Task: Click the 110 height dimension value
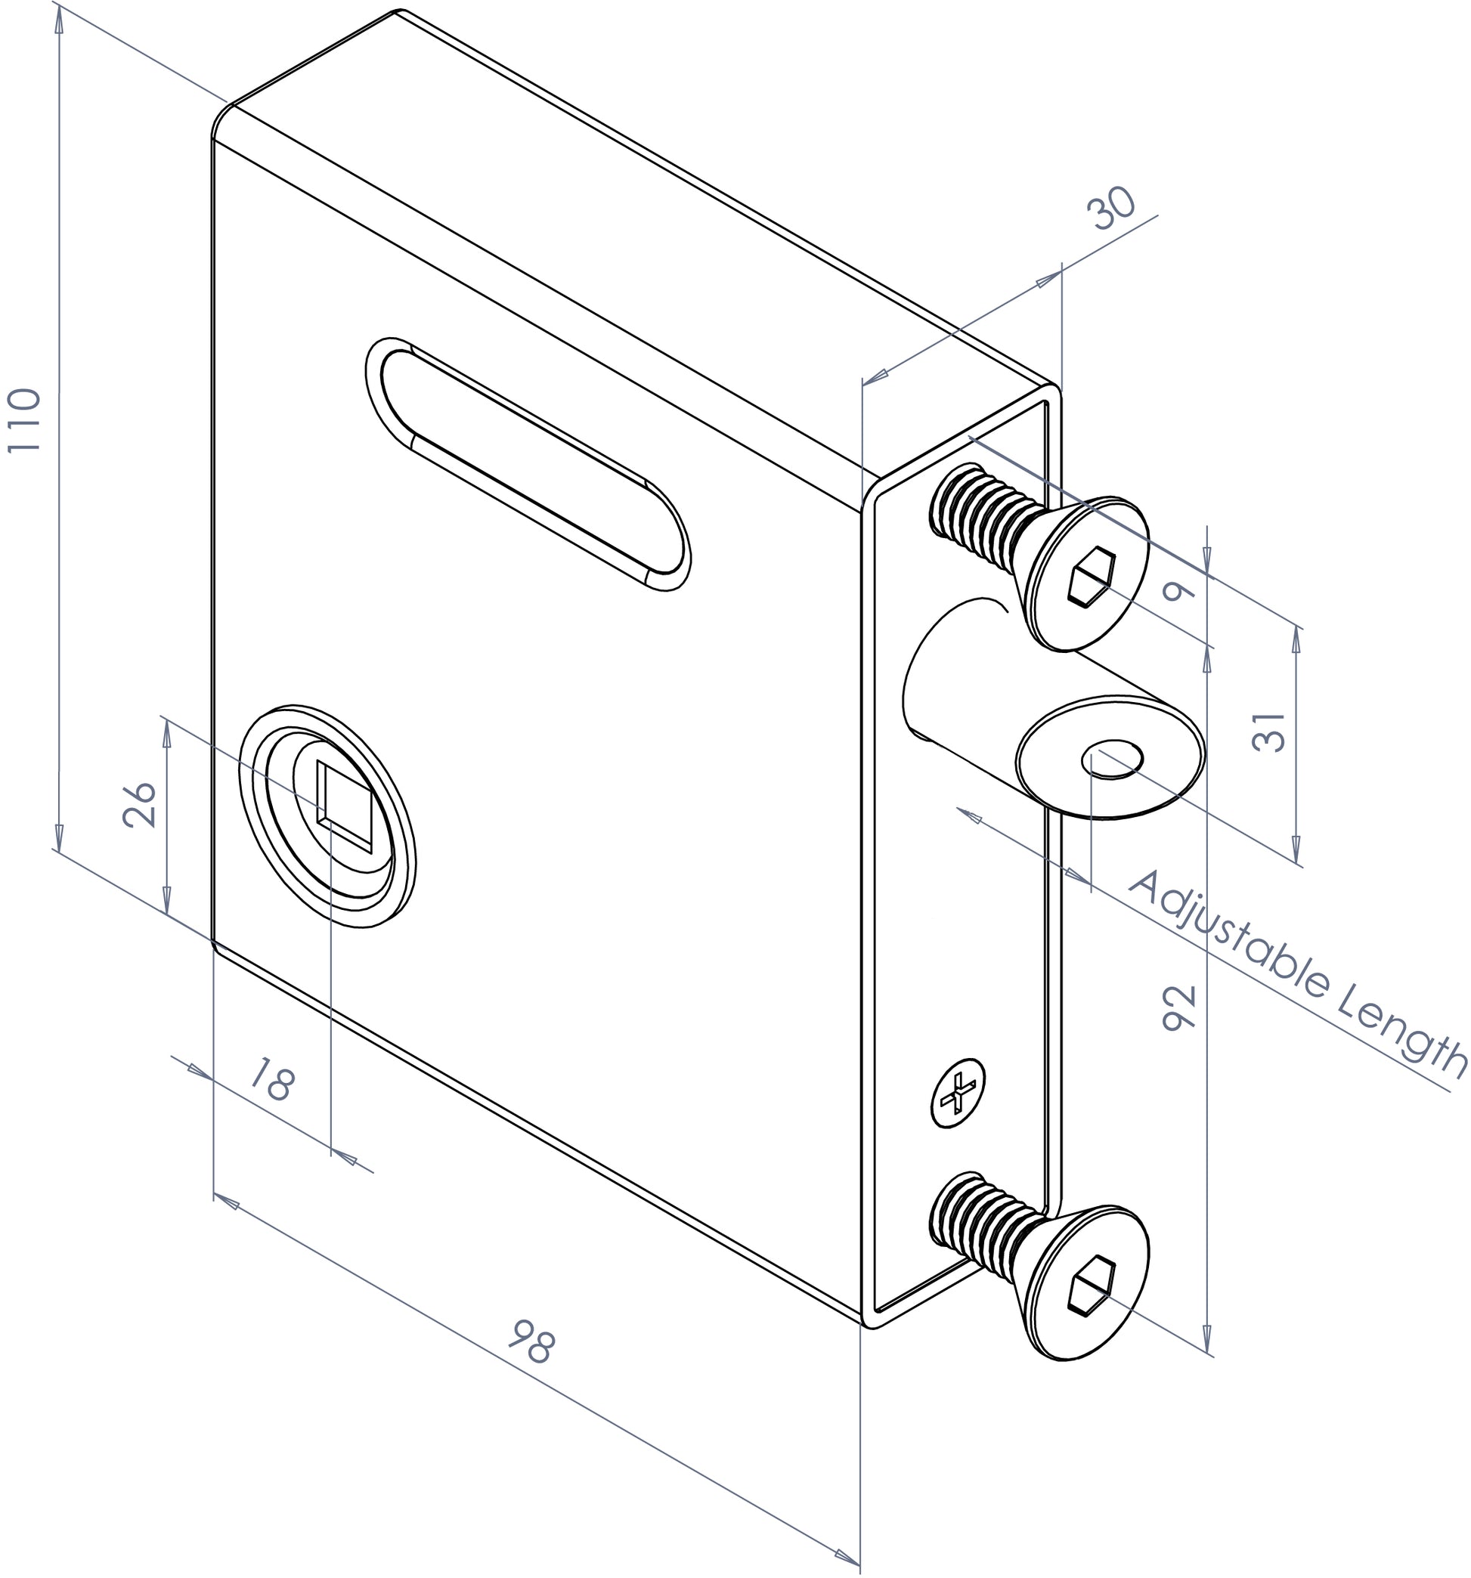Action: [x=24, y=421]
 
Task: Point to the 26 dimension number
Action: [x=141, y=805]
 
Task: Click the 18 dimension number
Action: [x=272, y=1081]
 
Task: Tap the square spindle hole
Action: [x=344, y=806]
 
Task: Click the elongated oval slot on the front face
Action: [x=528, y=464]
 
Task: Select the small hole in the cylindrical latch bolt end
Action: [x=1112, y=760]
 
